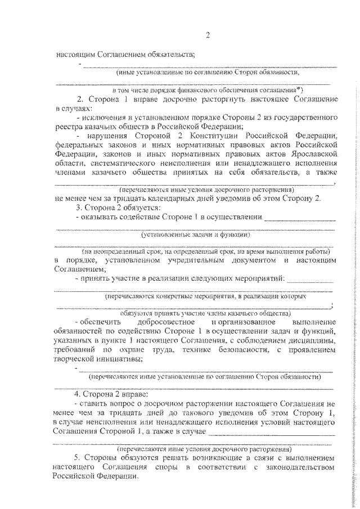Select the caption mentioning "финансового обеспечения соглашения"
208,89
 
